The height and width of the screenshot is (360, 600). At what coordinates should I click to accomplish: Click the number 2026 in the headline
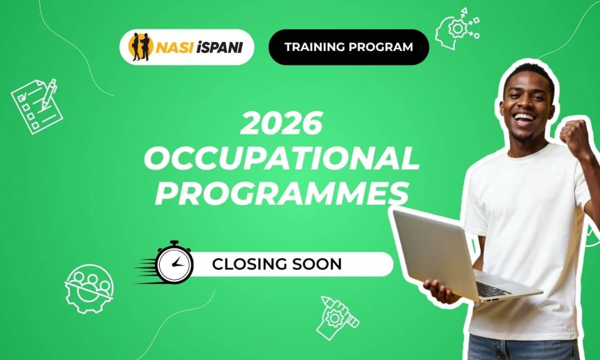point(281,125)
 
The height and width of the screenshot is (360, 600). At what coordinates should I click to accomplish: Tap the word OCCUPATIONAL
point(281,160)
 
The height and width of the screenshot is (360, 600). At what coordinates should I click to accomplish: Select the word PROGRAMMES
point(281,193)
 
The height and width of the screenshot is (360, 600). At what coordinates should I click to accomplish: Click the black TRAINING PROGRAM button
point(348,47)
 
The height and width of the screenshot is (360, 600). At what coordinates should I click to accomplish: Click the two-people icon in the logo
point(140,47)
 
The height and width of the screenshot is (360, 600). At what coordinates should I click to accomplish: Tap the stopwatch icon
point(174,264)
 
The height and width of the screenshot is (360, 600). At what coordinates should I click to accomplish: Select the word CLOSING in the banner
point(246,264)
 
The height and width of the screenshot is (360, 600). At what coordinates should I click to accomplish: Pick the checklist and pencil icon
point(37,105)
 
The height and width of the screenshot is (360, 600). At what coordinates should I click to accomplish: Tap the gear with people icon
point(89,287)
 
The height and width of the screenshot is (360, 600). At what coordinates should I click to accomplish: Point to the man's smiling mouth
point(525,117)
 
